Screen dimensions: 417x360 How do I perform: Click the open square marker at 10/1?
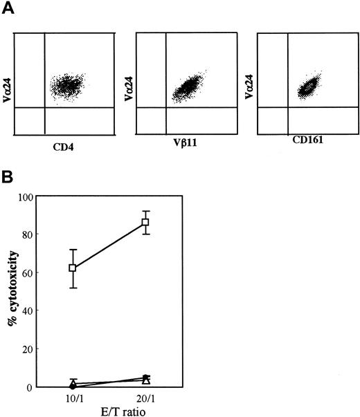pyautogui.click(x=73, y=268)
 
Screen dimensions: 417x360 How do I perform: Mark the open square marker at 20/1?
pyautogui.click(x=145, y=222)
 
